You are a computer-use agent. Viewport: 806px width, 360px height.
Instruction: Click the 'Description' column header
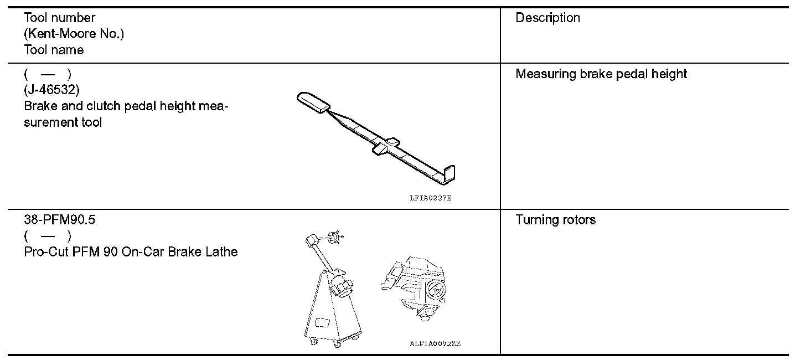(547, 18)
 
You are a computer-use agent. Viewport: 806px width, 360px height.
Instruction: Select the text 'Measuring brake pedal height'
(601, 74)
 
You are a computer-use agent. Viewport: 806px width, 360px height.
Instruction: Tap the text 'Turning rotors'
(555, 220)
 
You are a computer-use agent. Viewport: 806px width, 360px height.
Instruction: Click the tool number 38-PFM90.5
(60, 220)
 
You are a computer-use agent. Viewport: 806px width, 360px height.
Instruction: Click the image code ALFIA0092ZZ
(435, 344)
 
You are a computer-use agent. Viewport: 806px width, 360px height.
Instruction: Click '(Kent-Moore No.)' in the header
(74, 34)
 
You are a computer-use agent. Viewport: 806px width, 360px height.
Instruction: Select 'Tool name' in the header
(54, 50)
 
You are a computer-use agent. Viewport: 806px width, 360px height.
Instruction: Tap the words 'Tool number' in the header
(59, 18)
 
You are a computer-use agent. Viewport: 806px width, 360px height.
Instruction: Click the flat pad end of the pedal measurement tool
(313, 102)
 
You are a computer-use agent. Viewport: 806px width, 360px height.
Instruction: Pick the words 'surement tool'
(63, 122)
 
